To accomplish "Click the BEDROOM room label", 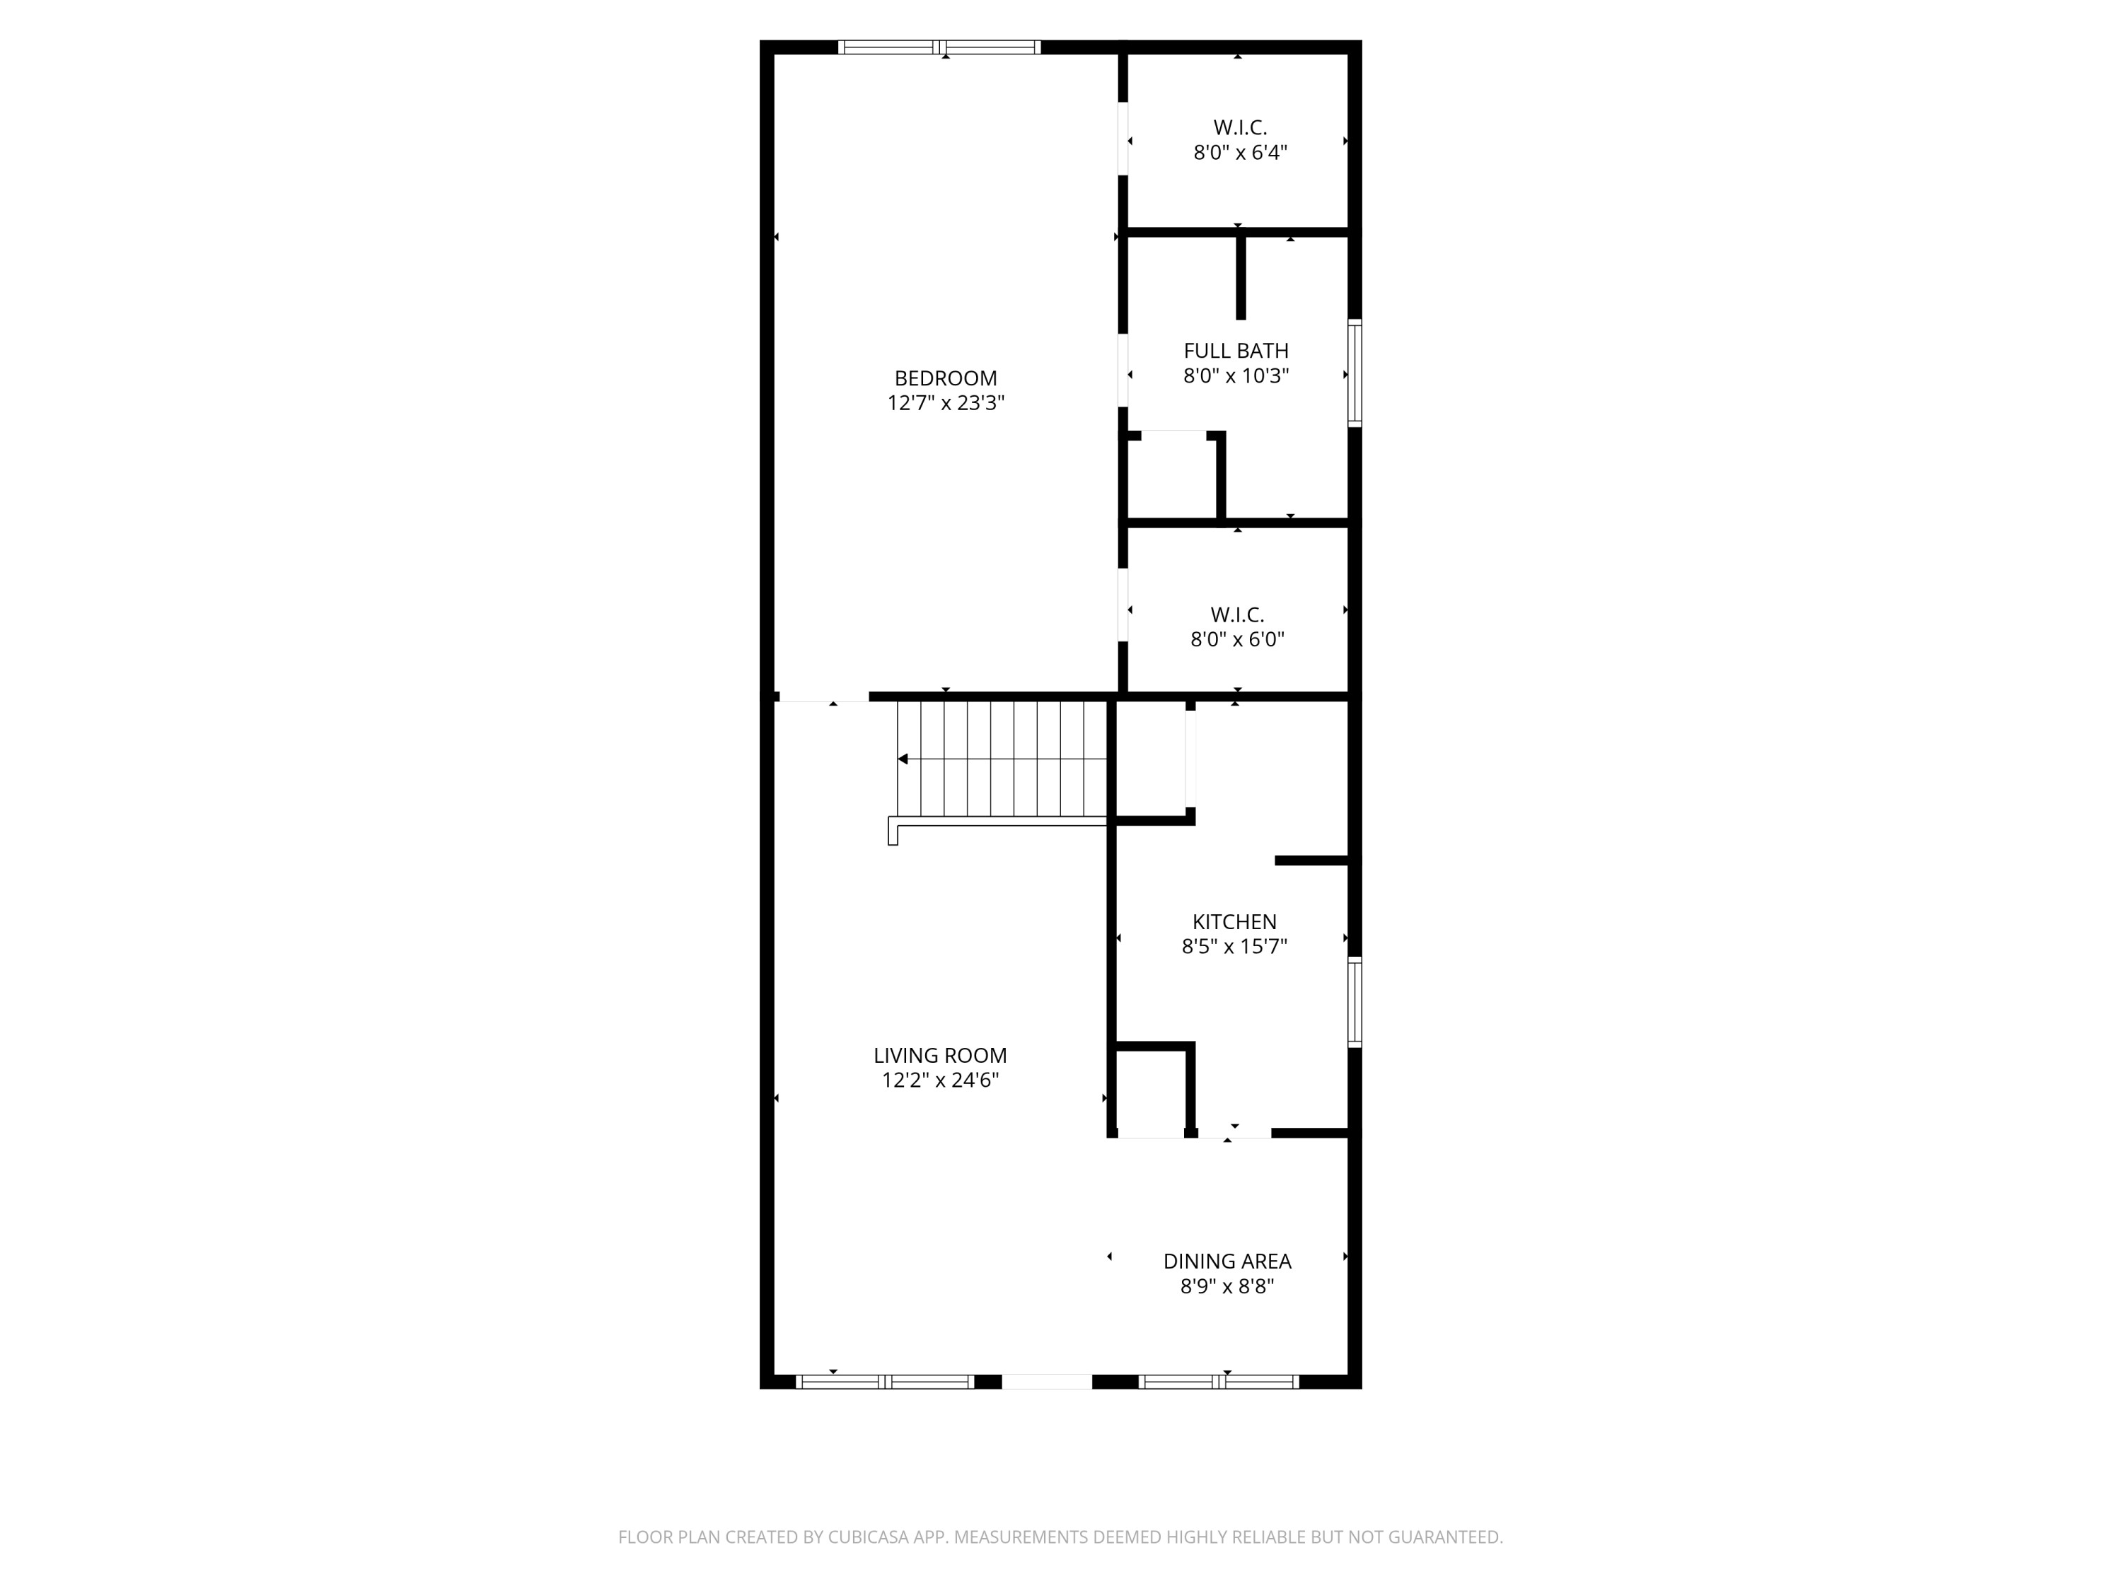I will click(945, 379).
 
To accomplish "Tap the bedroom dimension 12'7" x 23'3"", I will click(945, 404).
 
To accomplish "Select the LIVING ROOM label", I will click(940, 1056).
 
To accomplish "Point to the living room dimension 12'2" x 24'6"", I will click(940, 1080).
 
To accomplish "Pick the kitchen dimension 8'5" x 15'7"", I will click(1234, 948).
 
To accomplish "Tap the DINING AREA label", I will click(1227, 1262).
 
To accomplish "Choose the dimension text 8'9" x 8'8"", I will click(1227, 1287).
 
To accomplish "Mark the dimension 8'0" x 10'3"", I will click(1236, 377).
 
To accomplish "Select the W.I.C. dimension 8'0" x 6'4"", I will click(1239, 153).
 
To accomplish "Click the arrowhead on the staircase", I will click(903, 759).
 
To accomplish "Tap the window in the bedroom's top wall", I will click(939, 47).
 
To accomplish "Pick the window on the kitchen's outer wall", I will click(1355, 1001).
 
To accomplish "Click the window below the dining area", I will click(1218, 1382).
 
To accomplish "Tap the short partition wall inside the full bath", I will click(1241, 278).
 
